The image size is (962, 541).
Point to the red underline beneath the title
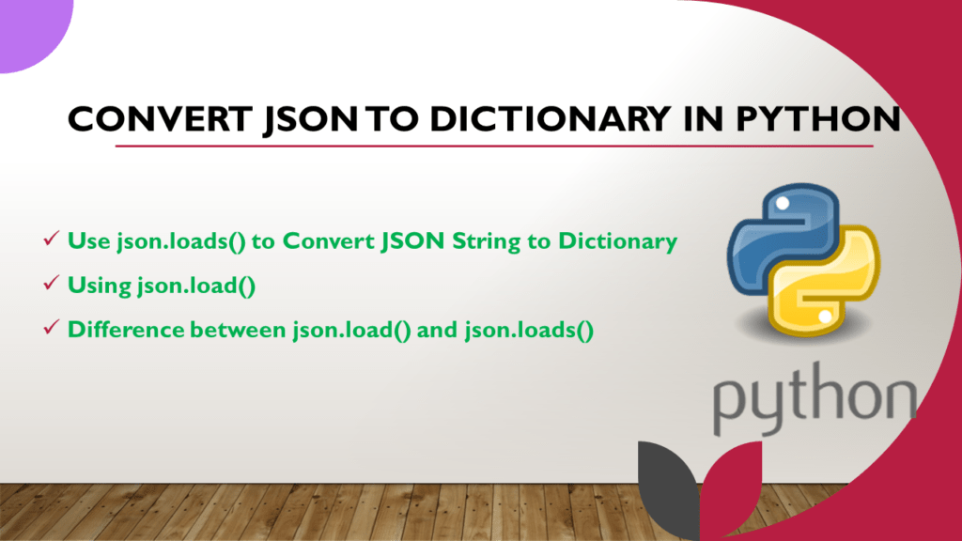point(494,147)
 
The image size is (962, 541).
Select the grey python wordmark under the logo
point(813,399)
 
